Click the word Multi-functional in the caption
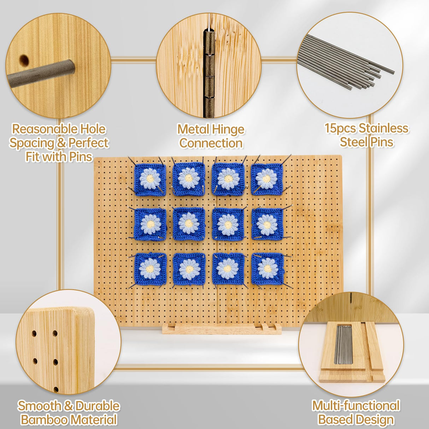(x=356, y=406)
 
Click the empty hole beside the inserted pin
(x=24, y=60)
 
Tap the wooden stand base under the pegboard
(x=222, y=329)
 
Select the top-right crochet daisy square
(x=267, y=179)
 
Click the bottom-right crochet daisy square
(x=268, y=269)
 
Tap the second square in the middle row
(x=189, y=224)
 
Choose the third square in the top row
(x=228, y=179)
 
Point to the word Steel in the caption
(x=353, y=142)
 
